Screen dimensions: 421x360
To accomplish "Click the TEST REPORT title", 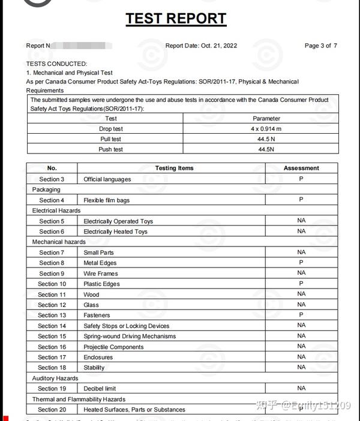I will click(x=176, y=19).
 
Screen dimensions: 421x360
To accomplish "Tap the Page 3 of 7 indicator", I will click(x=320, y=46).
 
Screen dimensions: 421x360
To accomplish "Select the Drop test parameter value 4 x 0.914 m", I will click(x=266, y=129).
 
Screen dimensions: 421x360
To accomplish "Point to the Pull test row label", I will click(x=110, y=139).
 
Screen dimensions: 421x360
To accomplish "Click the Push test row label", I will click(x=110, y=149).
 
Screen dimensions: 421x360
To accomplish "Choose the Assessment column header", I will click(x=301, y=169).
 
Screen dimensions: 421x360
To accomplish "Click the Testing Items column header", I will click(x=174, y=169).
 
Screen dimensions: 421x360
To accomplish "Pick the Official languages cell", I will click(x=107, y=179).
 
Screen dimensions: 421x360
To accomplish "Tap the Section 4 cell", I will click(x=52, y=200).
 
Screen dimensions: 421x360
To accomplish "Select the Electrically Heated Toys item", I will click(x=115, y=231).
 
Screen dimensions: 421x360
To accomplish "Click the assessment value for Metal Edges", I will click(x=301, y=263).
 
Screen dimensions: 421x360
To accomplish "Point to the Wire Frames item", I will click(x=101, y=273).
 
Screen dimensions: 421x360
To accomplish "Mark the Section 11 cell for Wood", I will click(x=52, y=294).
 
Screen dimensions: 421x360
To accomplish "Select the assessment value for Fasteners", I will click(x=301, y=315).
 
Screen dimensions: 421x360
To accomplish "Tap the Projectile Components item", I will click(x=113, y=347).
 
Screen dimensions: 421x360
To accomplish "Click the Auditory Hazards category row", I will click(x=55, y=378).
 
